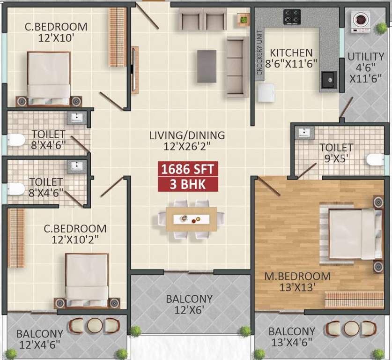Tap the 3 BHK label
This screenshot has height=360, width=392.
coord(187,184)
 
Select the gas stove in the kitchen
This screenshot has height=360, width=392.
coord(292,17)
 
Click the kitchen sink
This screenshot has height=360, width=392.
coord(329,81)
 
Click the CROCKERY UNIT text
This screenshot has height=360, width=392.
coord(259,52)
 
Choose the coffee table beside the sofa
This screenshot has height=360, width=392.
coord(207,66)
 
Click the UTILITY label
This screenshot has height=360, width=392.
coord(366,57)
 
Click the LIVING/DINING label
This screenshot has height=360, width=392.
coord(187,135)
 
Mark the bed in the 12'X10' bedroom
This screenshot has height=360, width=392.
coord(49,77)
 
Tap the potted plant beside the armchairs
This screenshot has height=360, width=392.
coord(243,19)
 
